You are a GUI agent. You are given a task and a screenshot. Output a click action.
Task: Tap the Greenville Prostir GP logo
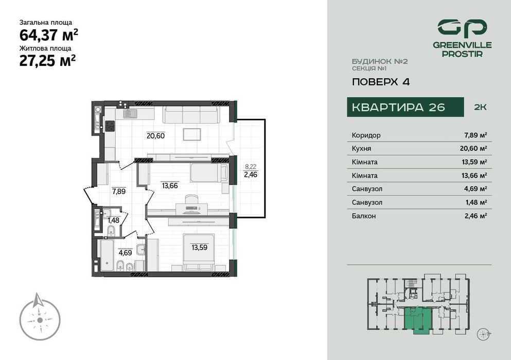[x=462, y=29]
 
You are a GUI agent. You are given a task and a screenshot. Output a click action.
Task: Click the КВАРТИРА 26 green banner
[x=398, y=107]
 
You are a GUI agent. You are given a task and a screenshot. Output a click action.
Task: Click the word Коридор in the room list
[x=366, y=135]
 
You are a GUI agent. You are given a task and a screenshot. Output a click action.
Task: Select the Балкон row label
[x=363, y=216]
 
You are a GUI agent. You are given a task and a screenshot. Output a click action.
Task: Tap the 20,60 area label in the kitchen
[x=155, y=136]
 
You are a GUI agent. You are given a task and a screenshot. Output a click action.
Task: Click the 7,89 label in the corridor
[x=118, y=191]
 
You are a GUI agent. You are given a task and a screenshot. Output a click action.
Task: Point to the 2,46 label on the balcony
[x=251, y=174]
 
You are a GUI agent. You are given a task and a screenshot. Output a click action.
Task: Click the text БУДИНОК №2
[x=379, y=61]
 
